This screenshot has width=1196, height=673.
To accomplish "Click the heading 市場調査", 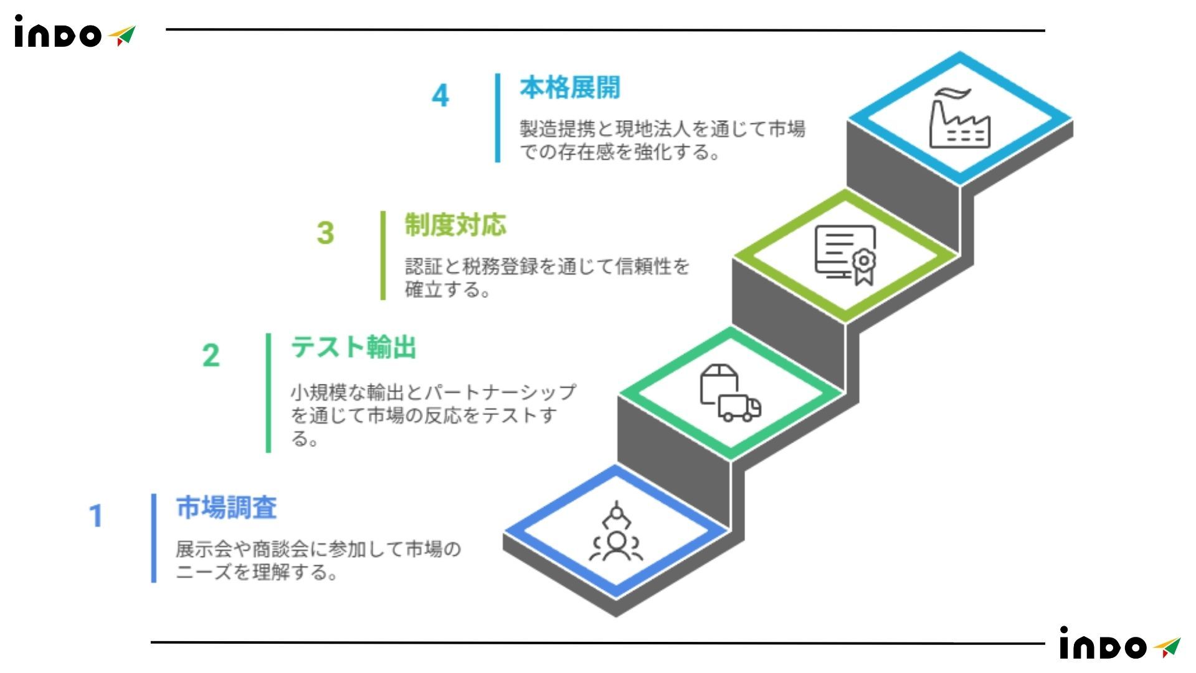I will coord(226,508).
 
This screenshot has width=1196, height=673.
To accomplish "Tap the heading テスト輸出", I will coord(353,347).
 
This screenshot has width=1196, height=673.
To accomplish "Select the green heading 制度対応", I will coord(455,225).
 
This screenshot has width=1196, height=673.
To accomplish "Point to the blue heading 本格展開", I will coord(570,88).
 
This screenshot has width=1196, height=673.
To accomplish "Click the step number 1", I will coord(95,516).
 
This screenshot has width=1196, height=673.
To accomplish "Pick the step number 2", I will coord(211,356).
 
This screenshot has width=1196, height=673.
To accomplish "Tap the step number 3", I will coord(325,233).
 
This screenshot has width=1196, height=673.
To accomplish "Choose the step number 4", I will coord(440,95).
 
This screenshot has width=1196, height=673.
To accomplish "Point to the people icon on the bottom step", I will coord(616,533).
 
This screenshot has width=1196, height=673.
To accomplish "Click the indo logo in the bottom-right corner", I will coord(1119,644).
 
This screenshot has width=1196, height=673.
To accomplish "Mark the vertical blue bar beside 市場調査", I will coord(154,538).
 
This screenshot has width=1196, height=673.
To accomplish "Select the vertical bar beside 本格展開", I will coord(498,118).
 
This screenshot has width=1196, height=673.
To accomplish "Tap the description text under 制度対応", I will coord(547,278).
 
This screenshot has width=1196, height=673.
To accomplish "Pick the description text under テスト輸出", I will coord(433,415).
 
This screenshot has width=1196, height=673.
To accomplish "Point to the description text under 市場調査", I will coord(318,560).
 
